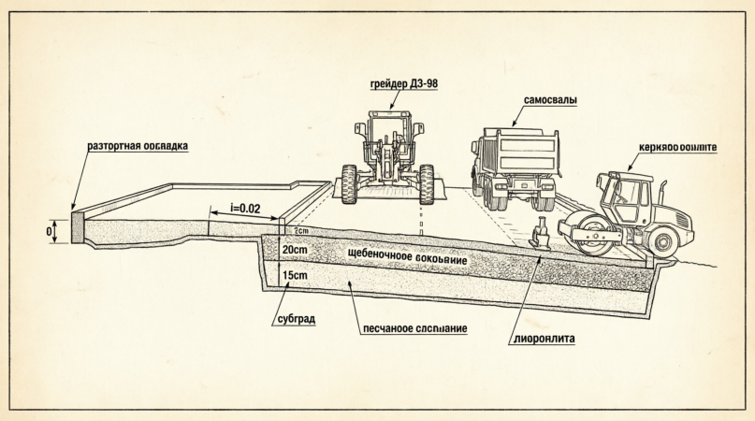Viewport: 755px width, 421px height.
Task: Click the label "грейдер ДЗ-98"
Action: (x=404, y=83)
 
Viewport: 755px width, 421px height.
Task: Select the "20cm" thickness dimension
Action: (x=294, y=251)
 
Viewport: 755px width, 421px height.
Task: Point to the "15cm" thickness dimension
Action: (x=294, y=277)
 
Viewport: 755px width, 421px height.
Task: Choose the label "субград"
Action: (x=296, y=319)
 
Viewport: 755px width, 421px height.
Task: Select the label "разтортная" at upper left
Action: (x=111, y=147)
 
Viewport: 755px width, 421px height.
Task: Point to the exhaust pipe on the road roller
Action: (x=662, y=193)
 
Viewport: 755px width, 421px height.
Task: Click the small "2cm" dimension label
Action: (x=300, y=230)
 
